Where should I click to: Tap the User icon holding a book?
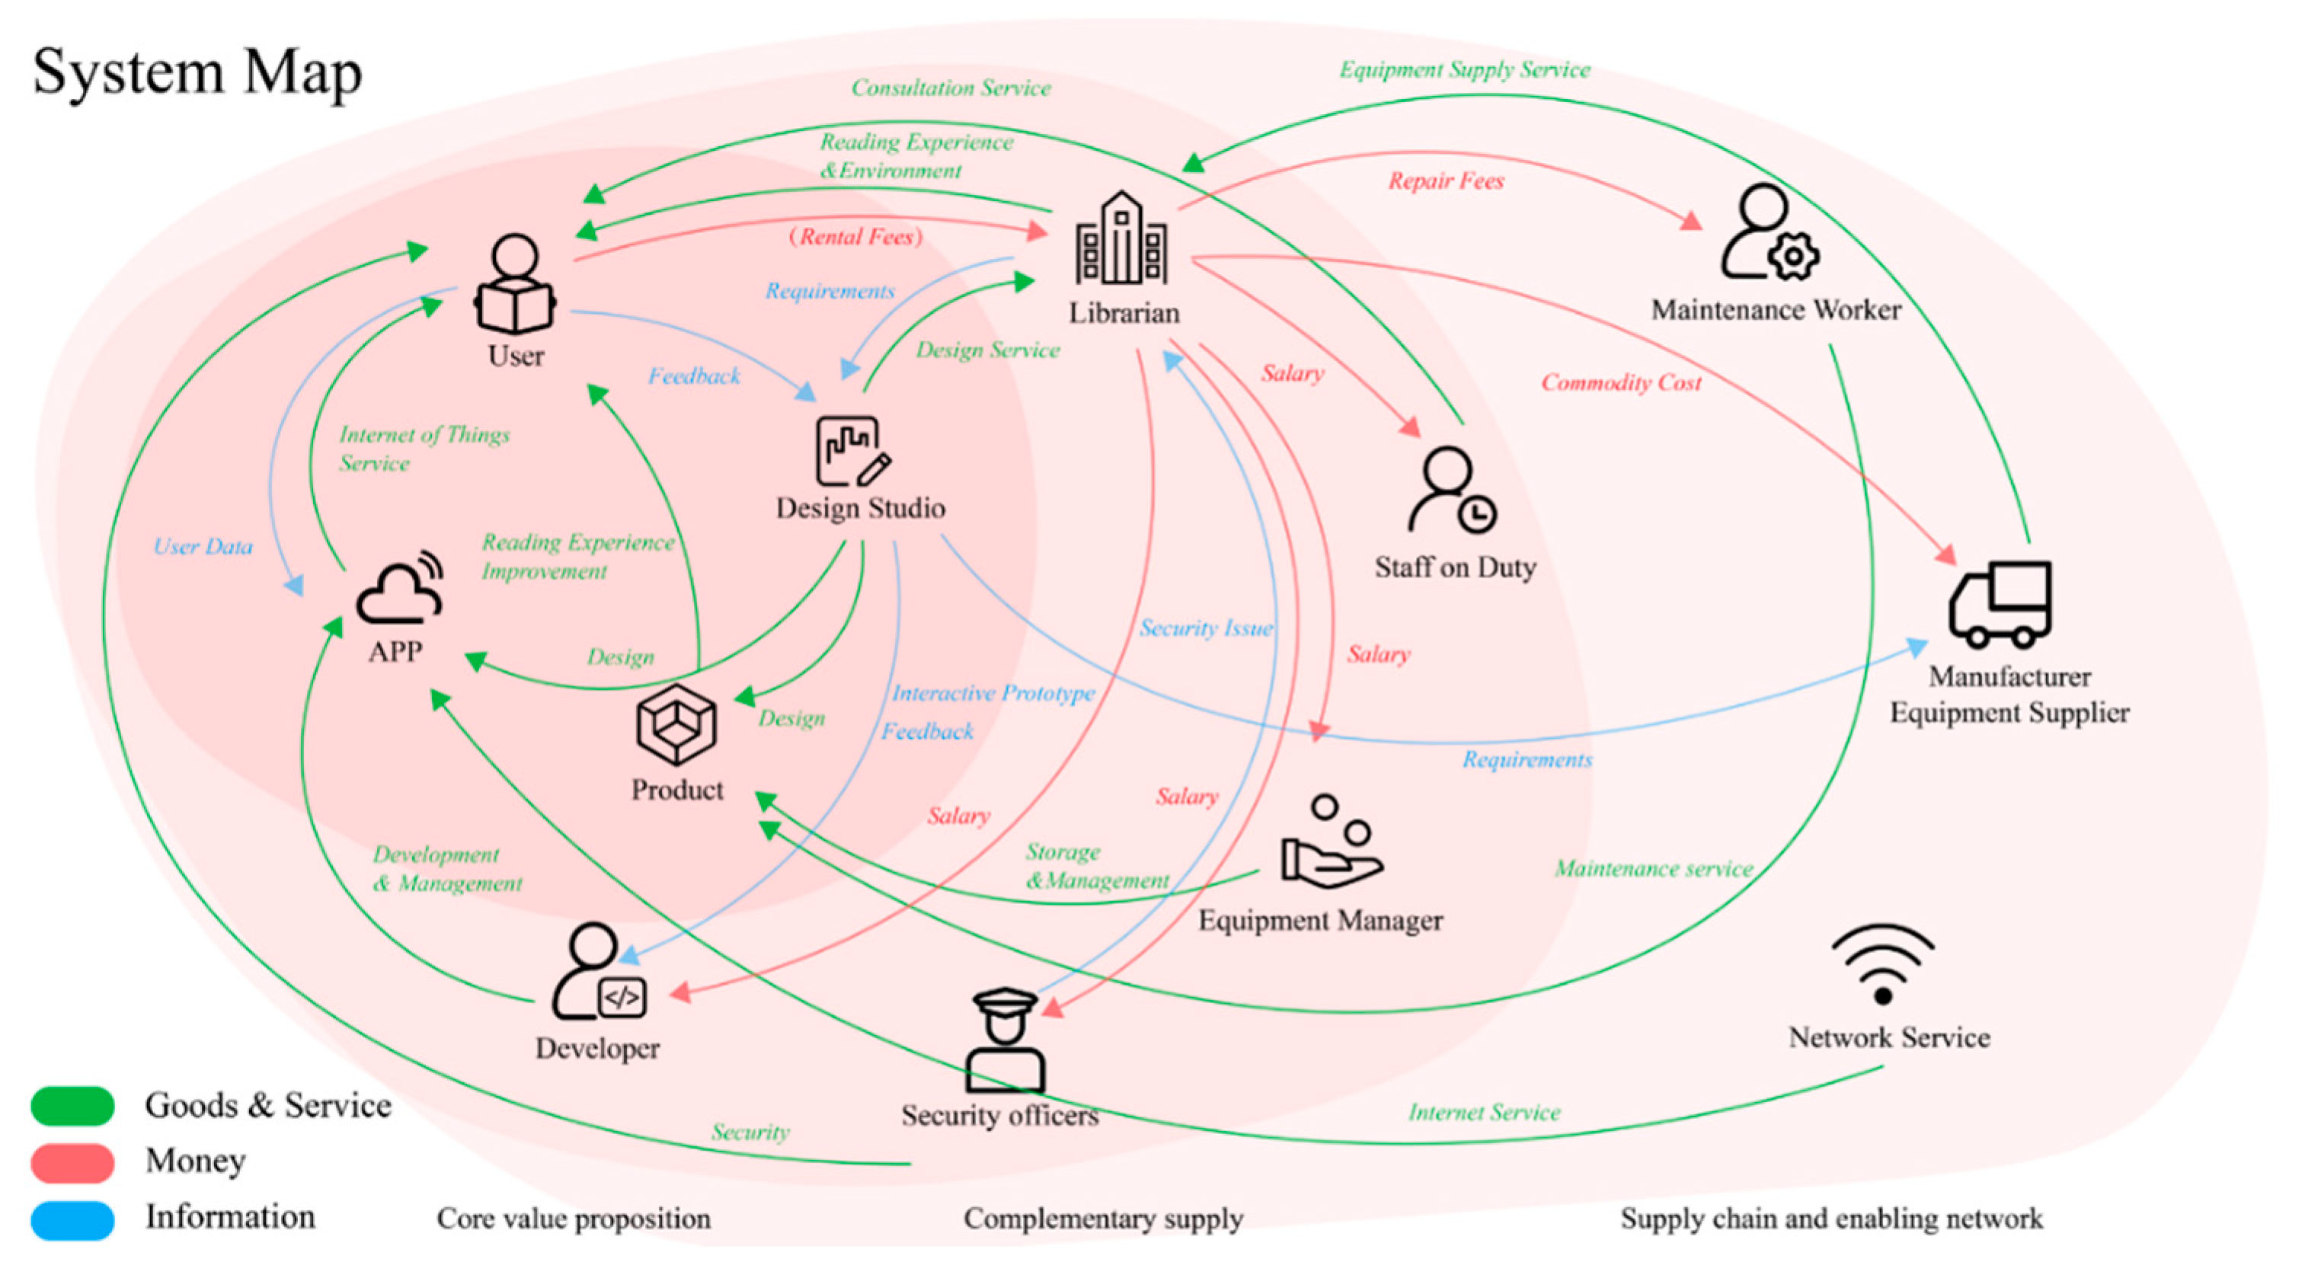(515, 284)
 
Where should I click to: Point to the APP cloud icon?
(401, 587)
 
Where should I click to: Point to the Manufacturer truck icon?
(2000, 604)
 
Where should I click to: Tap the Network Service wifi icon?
(1884, 964)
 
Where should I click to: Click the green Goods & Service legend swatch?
(72, 1106)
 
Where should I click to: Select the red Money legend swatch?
(72, 1161)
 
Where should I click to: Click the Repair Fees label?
(1446, 181)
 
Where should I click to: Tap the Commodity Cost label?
(1621, 382)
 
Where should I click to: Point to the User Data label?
(203, 546)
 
